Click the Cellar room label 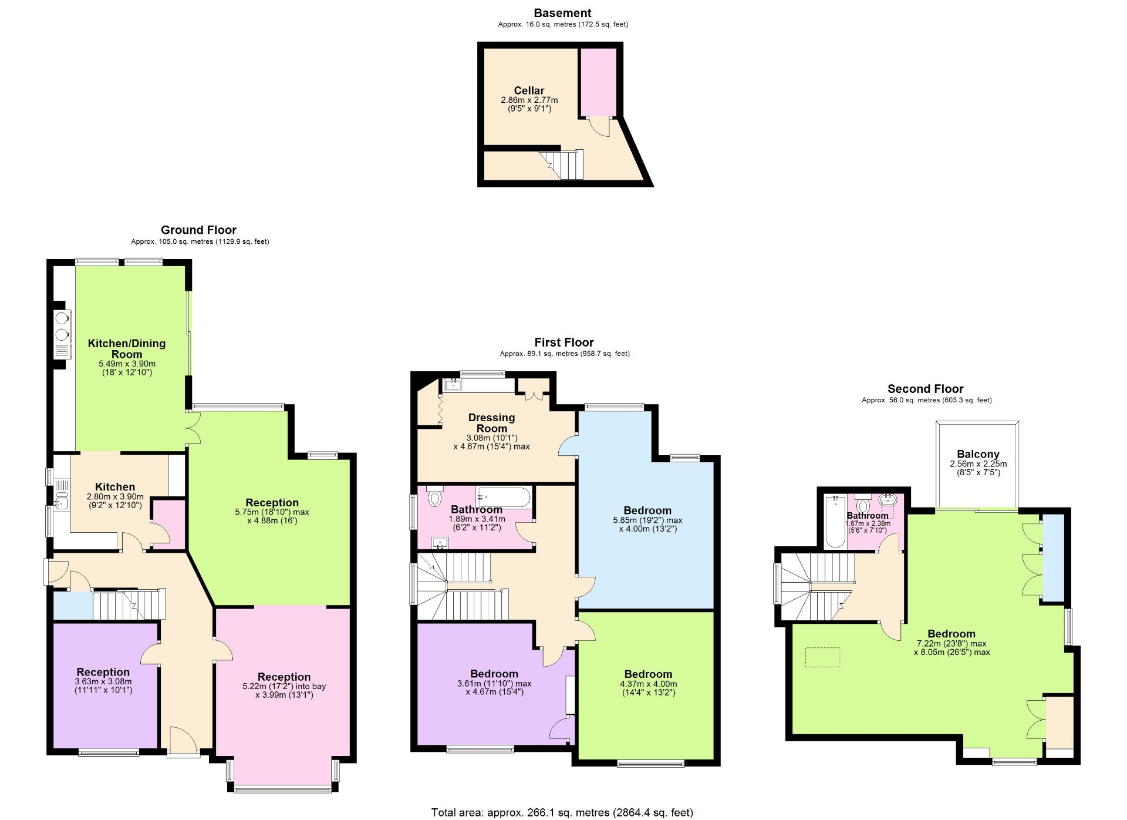[x=529, y=91]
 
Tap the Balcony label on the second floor [x=977, y=454]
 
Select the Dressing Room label [x=491, y=423]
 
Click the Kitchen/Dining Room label [x=127, y=348]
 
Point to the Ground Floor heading [x=198, y=230]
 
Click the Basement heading [x=562, y=13]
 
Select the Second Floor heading [x=925, y=389]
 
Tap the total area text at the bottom [x=562, y=812]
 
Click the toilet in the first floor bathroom [x=434, y=499]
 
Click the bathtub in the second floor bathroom [x=834, y=520]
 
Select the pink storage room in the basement [x=598, y=82]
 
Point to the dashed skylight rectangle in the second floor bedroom [x=822, y=657]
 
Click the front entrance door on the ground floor [x=182, y=741]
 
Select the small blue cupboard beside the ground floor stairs [x=73, y=606]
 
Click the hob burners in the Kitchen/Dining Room [x=61, y=327]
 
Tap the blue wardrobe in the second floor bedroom [x=1052, y=557]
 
